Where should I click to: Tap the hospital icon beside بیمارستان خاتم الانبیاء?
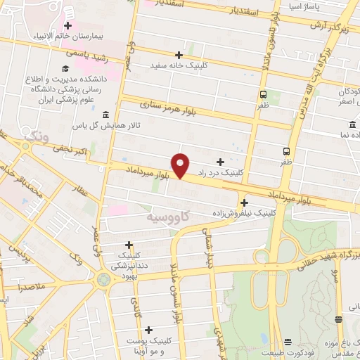point(67,26)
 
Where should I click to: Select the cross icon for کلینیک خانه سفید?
point(180,55)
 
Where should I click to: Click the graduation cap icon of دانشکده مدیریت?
point(64,69)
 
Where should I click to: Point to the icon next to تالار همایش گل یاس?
point(105,115)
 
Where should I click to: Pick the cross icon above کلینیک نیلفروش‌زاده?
point(244,202)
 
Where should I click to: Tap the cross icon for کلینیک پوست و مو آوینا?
point(148,328)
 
